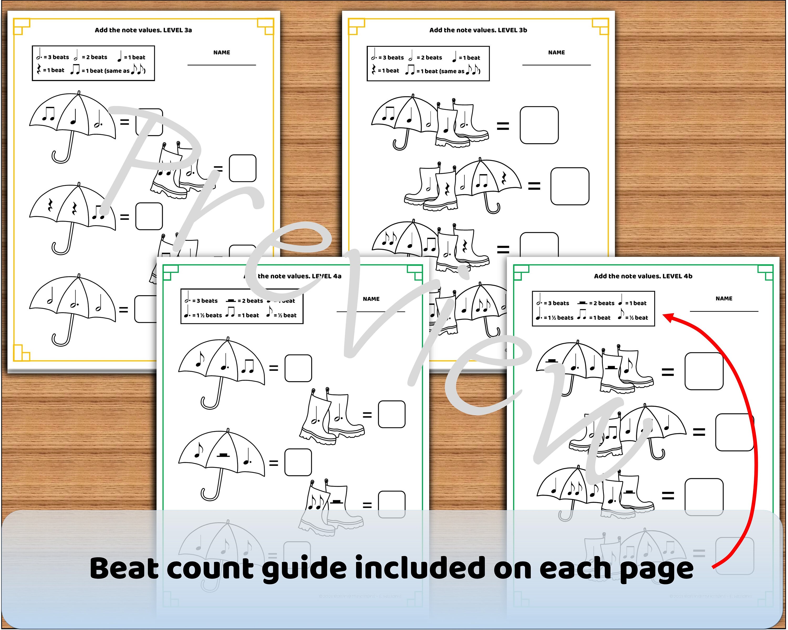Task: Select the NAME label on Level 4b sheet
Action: click(x=724, y=299)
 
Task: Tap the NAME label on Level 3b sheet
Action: click(x=557, y=52)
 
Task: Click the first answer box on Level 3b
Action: click(x=539, y=125)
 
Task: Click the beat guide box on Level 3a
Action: click(x=94, y=63)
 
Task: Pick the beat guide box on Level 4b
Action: click(x=593, y=309)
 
